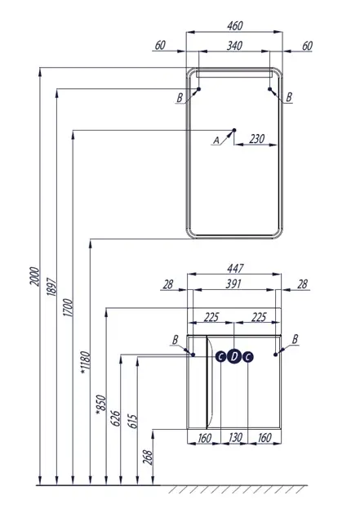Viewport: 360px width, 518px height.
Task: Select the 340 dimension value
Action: click(x=234, y=46)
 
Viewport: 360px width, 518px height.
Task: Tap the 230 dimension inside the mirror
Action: click(x=256, y=139)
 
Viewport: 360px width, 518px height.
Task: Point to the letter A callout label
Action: click(x=216, y=141)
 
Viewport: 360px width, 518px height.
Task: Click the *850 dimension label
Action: click(x=100, y=407)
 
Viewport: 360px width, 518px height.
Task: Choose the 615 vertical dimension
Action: click(x=132, y=422)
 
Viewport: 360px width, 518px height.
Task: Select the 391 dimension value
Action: click(x=234, y=285)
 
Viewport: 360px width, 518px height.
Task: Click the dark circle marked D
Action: click(x=234, y=356)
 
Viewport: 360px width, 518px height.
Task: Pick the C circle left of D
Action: click(x=220, y=356)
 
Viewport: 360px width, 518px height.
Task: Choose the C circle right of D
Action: click(x=248, y=356)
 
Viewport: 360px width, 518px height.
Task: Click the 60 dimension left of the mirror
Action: click(x=159, y=46)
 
